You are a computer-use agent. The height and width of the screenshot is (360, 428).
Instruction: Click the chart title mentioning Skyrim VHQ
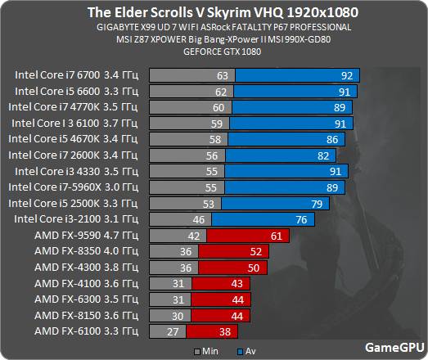click(x=214, y=14)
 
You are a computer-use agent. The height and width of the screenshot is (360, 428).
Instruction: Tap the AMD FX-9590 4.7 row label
click(x=86, y=236)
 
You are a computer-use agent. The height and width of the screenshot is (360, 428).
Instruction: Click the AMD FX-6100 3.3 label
click(x=86, y=331)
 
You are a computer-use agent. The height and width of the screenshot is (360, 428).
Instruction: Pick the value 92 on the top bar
click(x=347, y=75)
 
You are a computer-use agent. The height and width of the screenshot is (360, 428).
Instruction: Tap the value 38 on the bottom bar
click(x=225, y=331)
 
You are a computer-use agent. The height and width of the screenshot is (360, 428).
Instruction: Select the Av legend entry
click(x=239, y=350)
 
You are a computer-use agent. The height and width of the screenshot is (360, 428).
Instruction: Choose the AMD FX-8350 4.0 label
click(x=86, y=251)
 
